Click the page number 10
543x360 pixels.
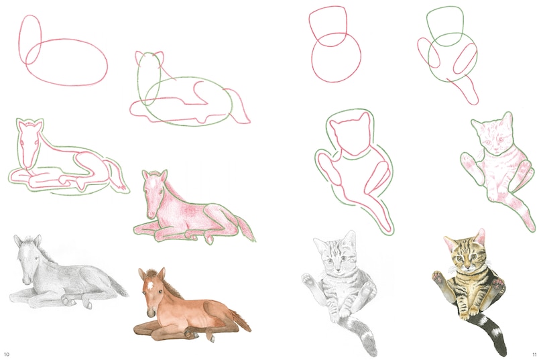[7, 353]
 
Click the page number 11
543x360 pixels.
[535, 353]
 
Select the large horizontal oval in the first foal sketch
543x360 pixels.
[67, 62]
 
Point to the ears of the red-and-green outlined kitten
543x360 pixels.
[349, 121]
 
